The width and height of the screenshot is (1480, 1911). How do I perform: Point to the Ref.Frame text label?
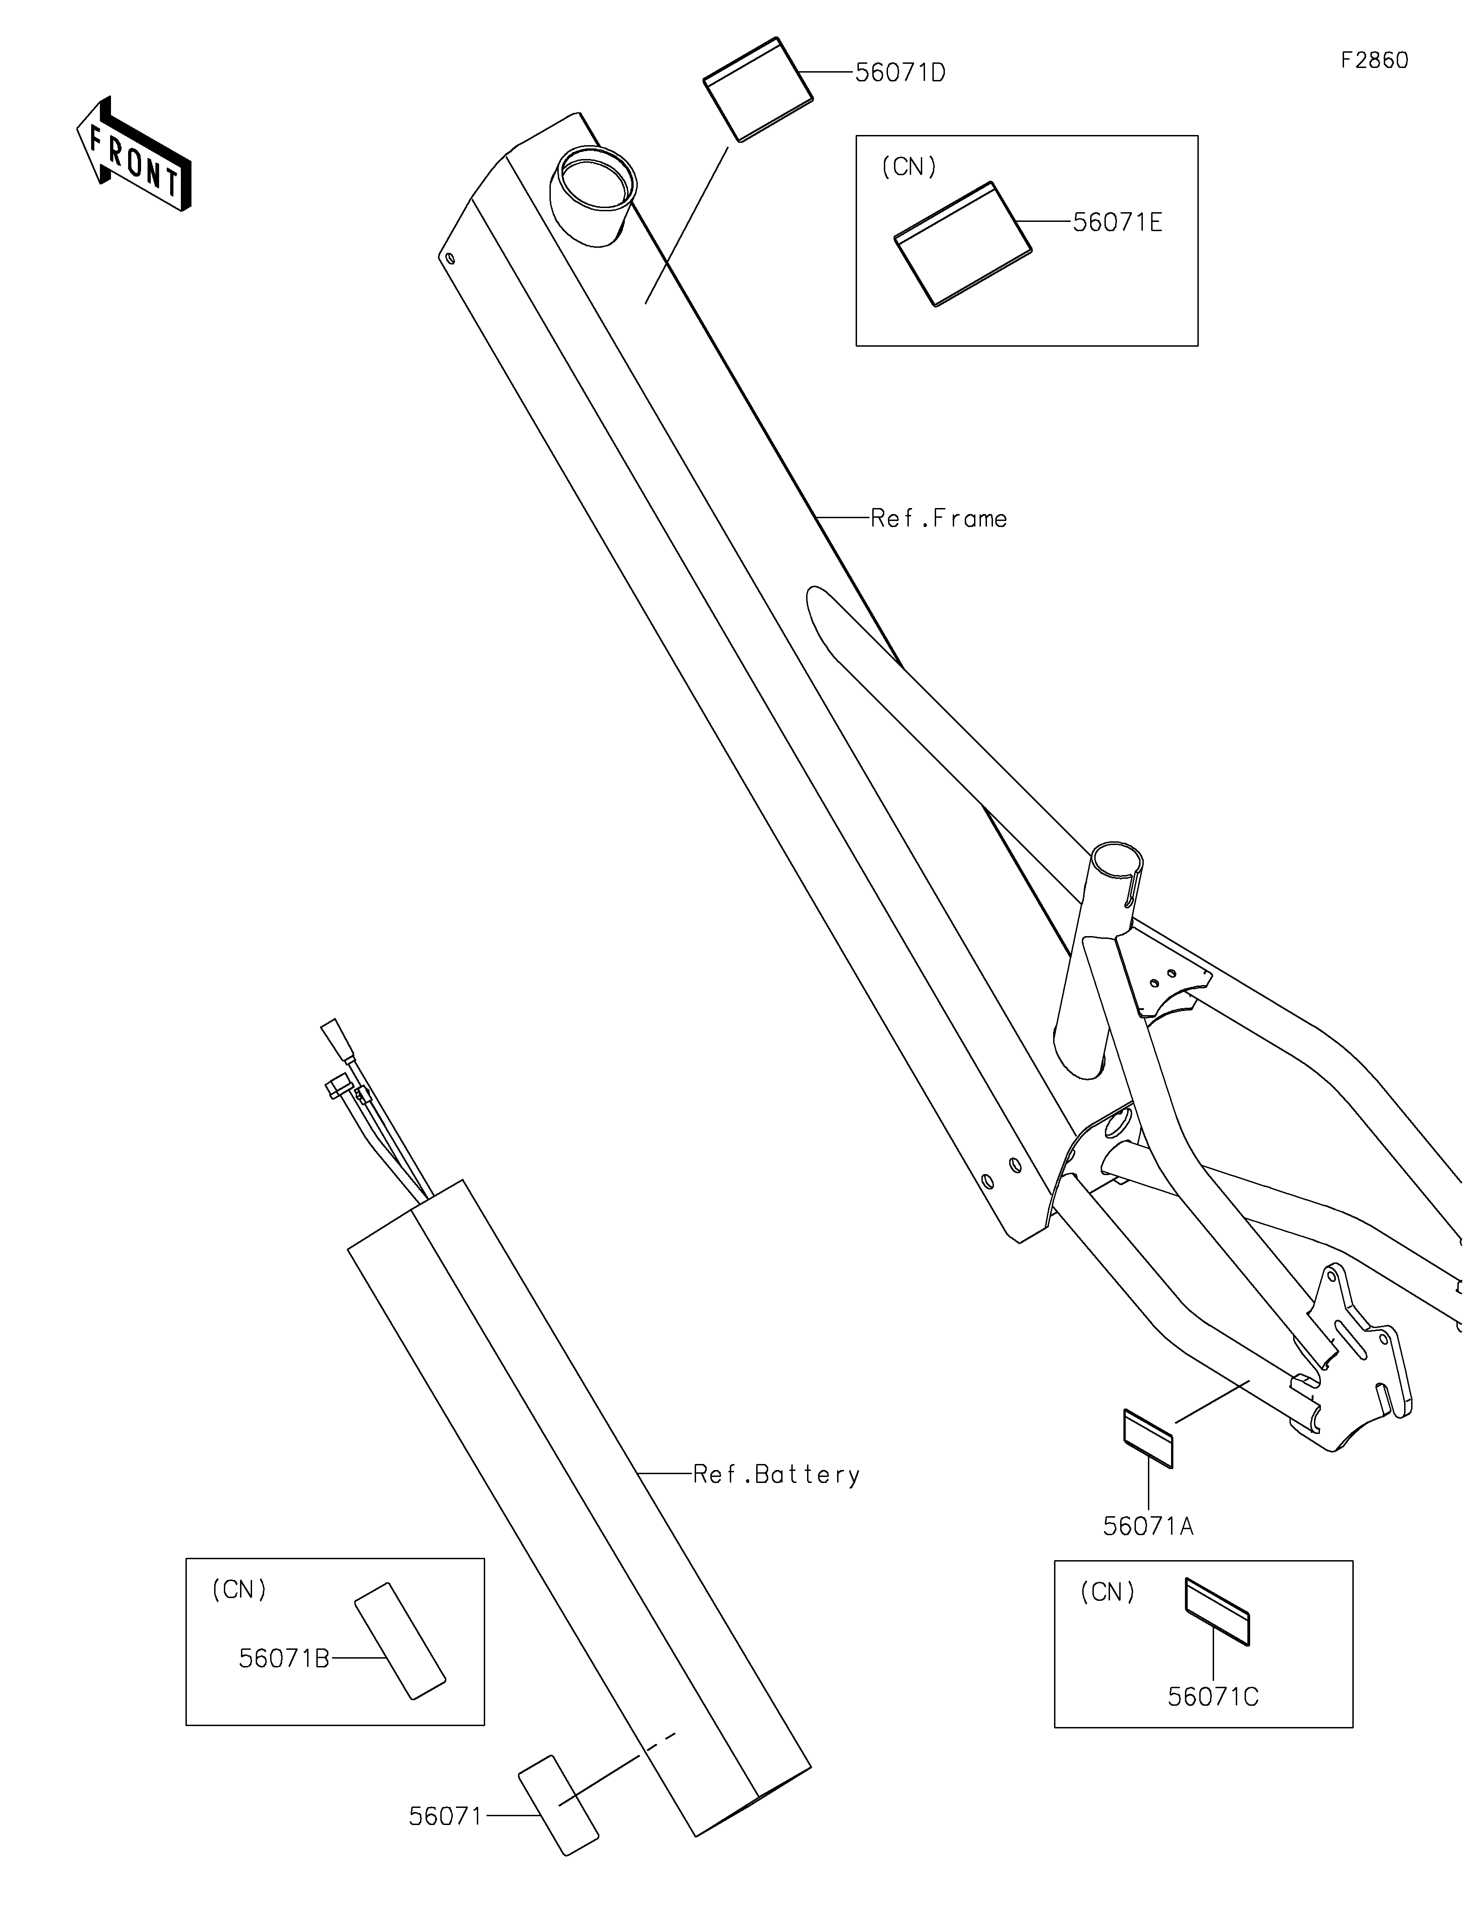point(938,519)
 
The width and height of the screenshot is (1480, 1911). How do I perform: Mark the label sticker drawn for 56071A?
point(1147,1439)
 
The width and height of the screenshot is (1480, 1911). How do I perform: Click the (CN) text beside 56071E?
point(908,167)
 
